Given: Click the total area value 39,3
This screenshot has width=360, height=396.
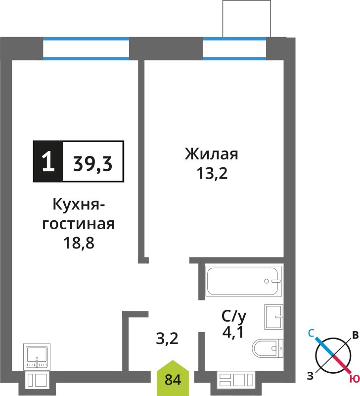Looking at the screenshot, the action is point(92,164).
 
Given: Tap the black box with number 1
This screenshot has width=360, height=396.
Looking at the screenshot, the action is point(48,161).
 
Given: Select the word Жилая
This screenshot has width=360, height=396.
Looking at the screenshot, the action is point(212,154).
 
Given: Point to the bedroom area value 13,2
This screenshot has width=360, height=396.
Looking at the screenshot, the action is point(212,173).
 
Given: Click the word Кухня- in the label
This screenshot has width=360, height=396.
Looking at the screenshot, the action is point(79,204).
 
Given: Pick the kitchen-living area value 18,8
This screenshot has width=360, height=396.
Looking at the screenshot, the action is point(79,243).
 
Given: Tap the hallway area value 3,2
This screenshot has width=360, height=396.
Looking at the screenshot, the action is point(167,339).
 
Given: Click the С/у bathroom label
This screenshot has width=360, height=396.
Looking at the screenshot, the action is point(233,316).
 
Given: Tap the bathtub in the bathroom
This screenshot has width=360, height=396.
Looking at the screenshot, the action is point(243,281).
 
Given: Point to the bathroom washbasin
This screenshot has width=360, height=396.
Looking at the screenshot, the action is point(273,317).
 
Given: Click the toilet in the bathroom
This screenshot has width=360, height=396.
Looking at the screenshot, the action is point(268,348).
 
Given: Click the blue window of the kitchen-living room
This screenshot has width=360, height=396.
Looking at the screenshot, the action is point(86,49).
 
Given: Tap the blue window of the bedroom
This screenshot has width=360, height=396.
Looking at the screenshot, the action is point(234,49).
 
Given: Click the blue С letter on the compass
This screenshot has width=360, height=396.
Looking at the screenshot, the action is point(311,333).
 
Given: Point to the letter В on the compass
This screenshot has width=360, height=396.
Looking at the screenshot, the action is point(356,335).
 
